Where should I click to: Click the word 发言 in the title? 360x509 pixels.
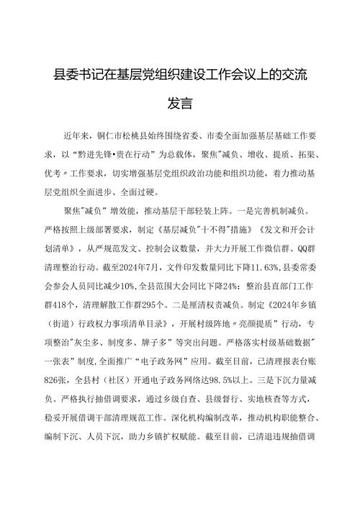[x=179, y=104]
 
